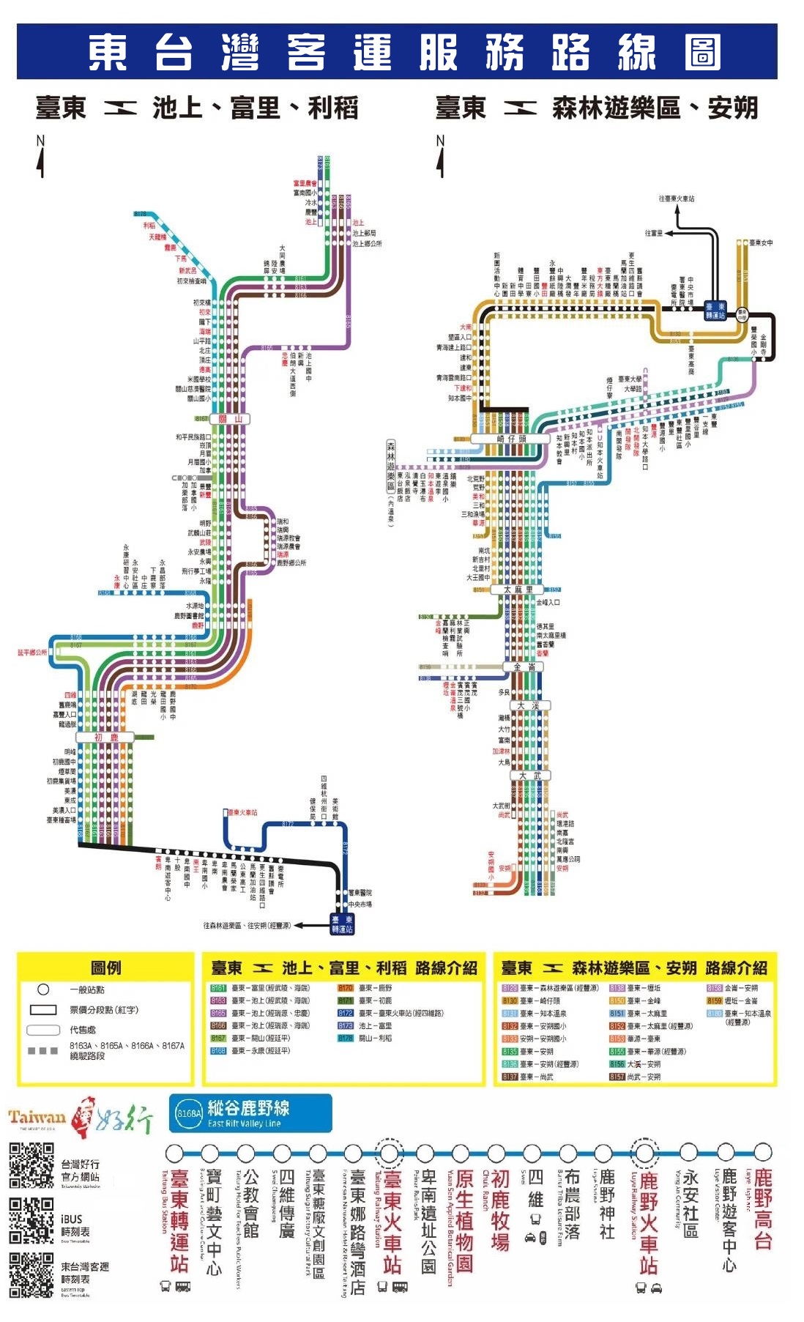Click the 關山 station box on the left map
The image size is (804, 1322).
coord(230,419)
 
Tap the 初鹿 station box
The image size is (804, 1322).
coord(106,737)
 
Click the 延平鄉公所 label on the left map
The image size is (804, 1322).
coord(32,652)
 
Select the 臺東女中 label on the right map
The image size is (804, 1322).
coord(761,242)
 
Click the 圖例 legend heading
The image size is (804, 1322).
coord(105,968)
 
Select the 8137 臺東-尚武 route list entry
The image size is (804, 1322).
coord(528,1077)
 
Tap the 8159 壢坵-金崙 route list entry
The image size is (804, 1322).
coord(732,1000)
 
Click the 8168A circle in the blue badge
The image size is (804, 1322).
coord(189,1113)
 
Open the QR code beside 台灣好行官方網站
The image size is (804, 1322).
coord(31,1165)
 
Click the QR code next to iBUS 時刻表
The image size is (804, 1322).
coord(31,1220)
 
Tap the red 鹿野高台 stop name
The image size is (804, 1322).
coord(763,1208)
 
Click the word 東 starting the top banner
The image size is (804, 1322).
coord(108,52)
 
